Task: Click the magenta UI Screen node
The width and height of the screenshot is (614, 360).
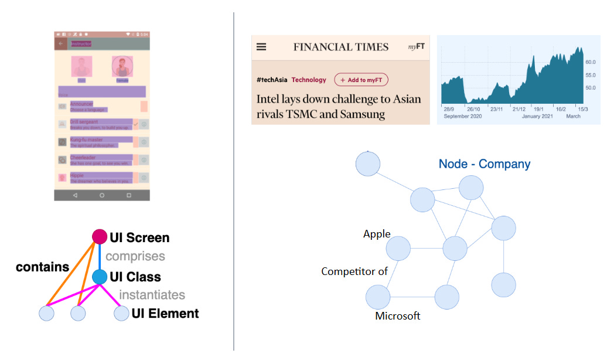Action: coord(100,237)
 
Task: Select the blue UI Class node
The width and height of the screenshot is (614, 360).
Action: coord(100,277)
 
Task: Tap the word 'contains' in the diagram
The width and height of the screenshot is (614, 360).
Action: coord(42,267)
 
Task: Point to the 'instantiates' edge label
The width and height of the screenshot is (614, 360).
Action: coord(152,295)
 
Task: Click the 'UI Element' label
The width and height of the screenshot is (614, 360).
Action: coord(165,314)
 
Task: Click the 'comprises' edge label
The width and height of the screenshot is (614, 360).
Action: coord(135,256)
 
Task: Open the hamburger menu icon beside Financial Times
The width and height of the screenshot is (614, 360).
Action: coord(261,47)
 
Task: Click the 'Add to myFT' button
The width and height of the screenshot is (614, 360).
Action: coord(361,80)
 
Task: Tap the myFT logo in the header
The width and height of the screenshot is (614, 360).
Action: coord(416,47)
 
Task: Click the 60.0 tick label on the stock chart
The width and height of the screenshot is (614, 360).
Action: coord(590,62)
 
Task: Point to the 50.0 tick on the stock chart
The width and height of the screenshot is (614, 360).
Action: coord(590,87)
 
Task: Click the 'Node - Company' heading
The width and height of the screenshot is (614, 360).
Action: coord(485,164)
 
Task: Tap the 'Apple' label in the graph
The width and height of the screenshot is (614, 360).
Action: coord(377,234)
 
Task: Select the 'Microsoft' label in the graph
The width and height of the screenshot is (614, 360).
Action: coord(398,316)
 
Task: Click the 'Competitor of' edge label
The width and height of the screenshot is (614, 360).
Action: coord(354,271)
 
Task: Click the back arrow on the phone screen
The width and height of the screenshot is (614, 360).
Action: coord(60,43)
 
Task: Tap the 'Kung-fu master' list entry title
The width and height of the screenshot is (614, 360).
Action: coord(86,140)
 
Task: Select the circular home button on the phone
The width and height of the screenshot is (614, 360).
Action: coord(102,195)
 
